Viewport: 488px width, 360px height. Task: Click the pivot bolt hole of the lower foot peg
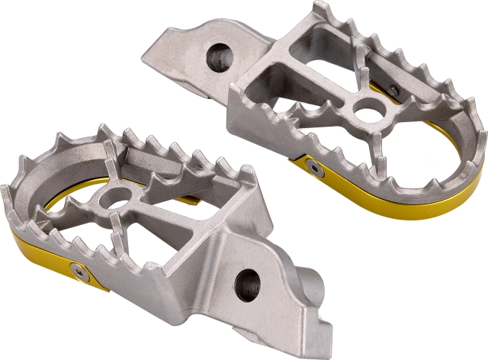tap(248, 284)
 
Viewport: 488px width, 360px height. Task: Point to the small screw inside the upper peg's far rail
tap(392, 90)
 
